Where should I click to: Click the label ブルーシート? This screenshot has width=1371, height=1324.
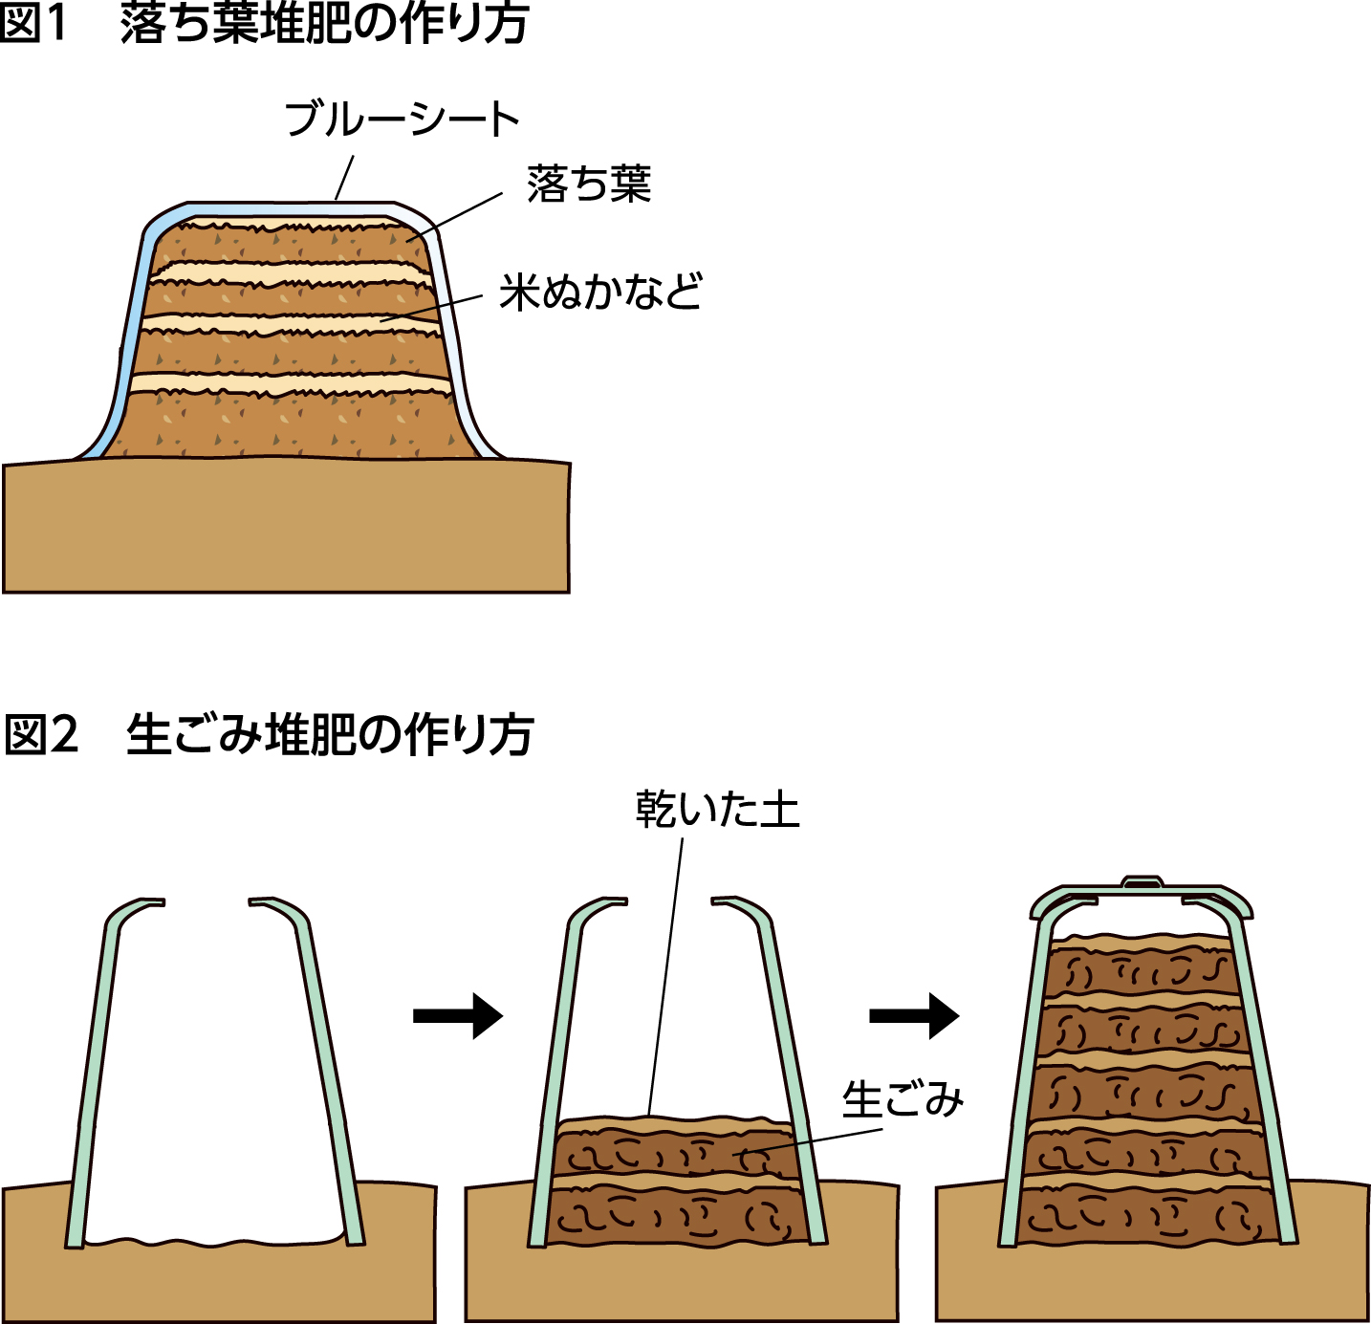(x=402, y=119)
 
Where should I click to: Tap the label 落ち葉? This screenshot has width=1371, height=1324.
(x=589, y=184)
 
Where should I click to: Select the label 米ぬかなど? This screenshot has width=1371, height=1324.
(x=600, y=292)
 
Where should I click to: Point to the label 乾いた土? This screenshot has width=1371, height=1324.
(x=717, y=810)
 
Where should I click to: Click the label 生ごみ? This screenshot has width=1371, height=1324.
(x=903, y=1099)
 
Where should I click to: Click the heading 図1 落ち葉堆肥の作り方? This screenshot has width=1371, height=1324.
(x=264, y=25)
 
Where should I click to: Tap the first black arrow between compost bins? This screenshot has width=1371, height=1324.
(x=457, y=1015)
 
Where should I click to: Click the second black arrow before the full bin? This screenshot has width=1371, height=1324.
(x=913, y=1015)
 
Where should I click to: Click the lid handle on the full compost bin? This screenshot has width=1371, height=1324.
(x=1142, y=881)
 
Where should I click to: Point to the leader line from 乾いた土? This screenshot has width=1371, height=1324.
(x=666, y=975)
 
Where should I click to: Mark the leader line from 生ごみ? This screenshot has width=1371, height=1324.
(x=813, y=1141)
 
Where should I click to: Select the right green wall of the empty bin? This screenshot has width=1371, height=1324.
(x=330, y=1071)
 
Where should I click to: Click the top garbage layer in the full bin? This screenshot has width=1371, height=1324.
(x=1142, y=973)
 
